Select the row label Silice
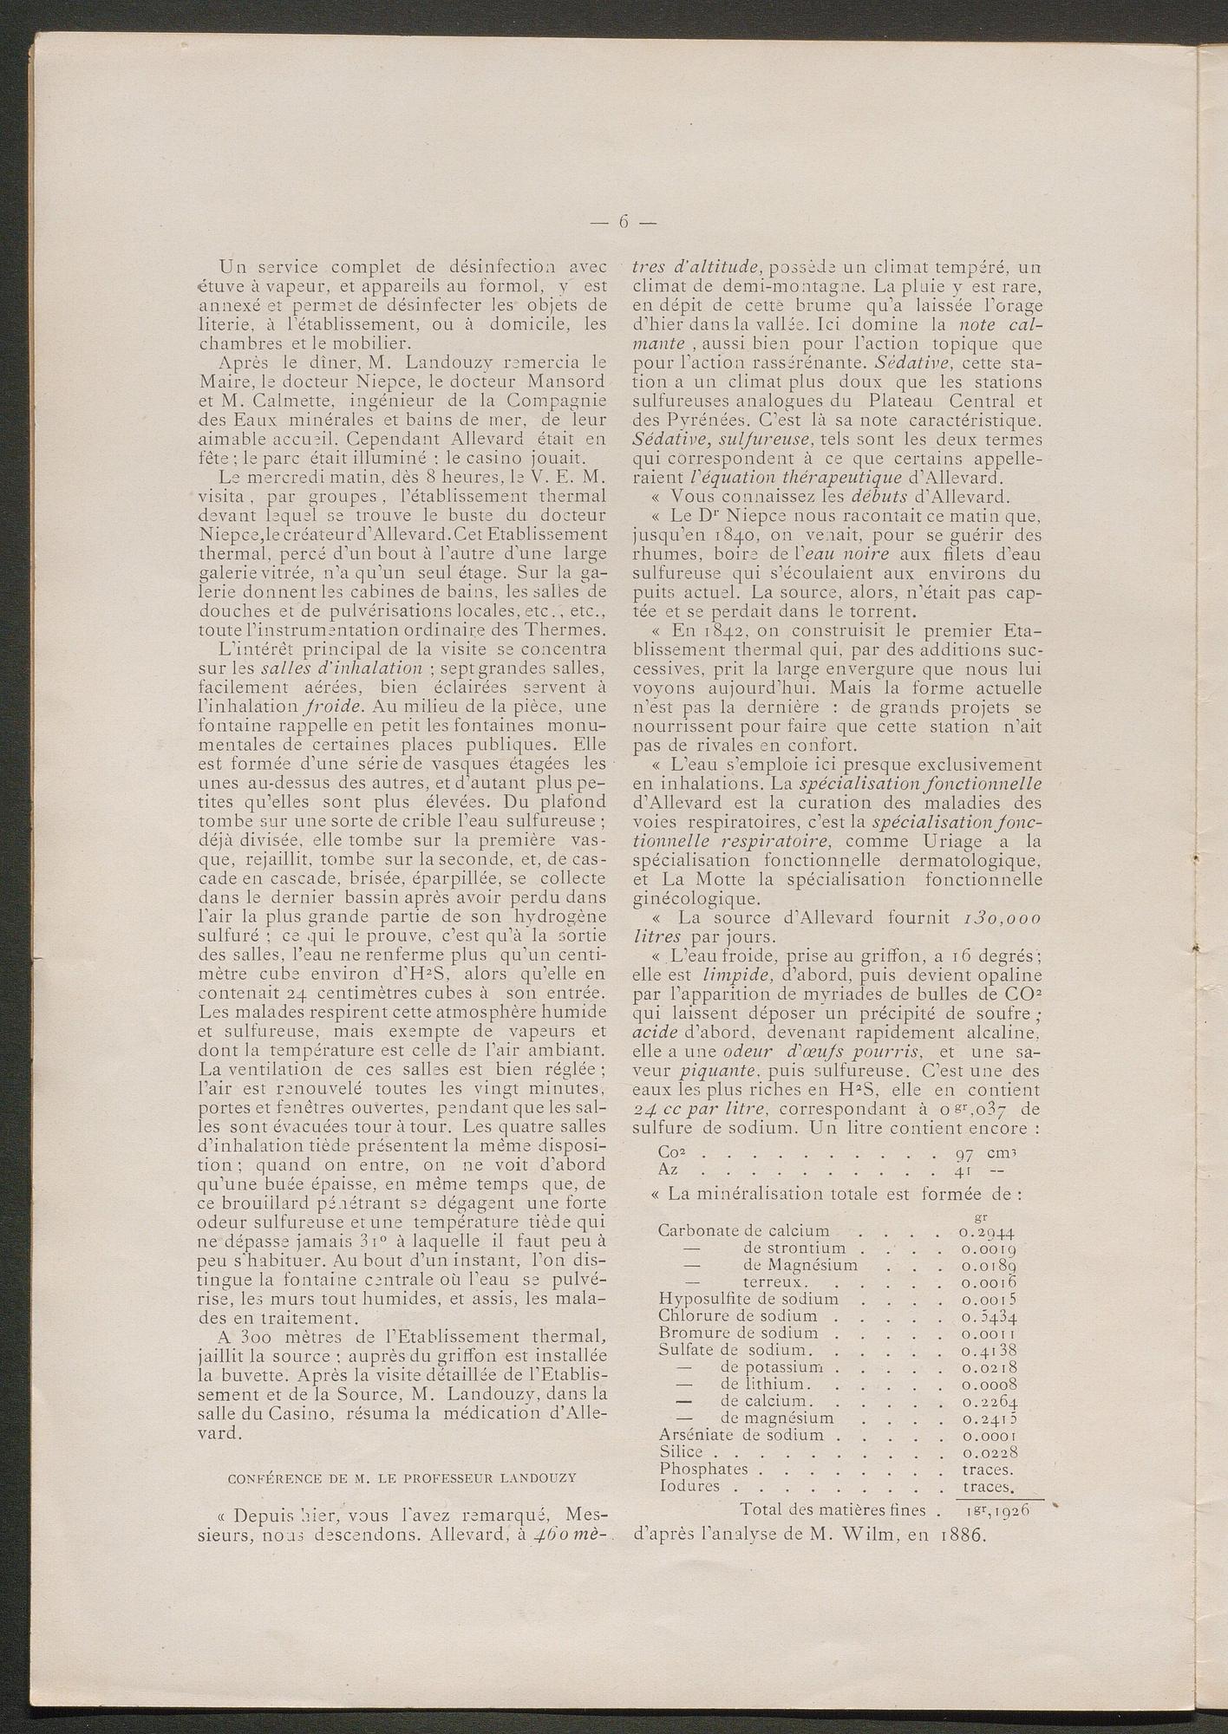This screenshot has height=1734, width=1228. tap(687, 1451)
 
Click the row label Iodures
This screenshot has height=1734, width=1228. tap(689, 1486)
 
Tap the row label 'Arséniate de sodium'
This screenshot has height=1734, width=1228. tap(744, 1435)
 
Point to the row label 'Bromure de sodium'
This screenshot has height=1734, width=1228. tap(738, 1333)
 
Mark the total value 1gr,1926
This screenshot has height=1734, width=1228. tap(995, 1509)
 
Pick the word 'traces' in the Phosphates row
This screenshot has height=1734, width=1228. tap(988, 1469)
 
